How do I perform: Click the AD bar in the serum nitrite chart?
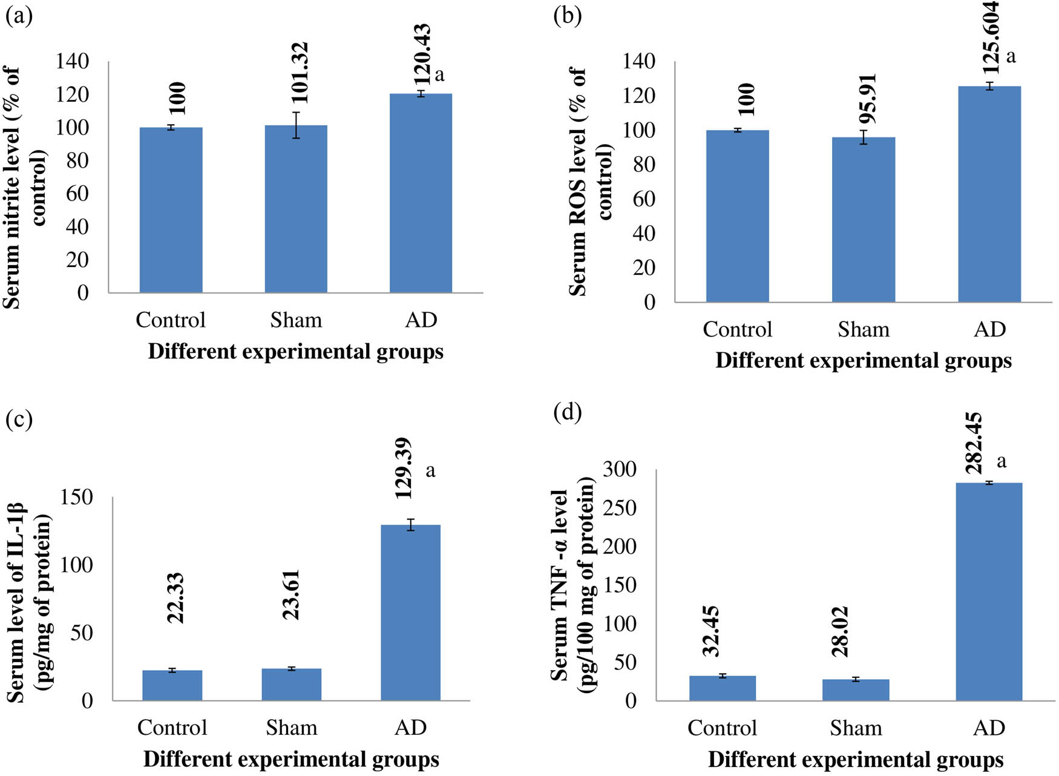(x=421, y=194)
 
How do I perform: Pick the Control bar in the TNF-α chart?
(x=722, y=688)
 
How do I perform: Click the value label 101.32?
(x=300, y=73)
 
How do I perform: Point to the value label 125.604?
(x=991, y=38)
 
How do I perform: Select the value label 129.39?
(x=403, y=469)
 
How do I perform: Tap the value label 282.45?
(x=974, y=443)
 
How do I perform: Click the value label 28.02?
(x=840, y=631)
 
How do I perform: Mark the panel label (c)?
(x=19, y=419)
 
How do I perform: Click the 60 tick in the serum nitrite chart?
(x=77, y=194)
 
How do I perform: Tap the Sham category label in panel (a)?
(x=296, y=320)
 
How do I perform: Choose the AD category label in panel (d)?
(x=989, y=728)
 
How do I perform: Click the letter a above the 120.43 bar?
(x=439, y=75)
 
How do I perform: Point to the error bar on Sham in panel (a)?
(x=296, y=125)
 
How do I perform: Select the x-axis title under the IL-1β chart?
(x=291, y=759)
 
